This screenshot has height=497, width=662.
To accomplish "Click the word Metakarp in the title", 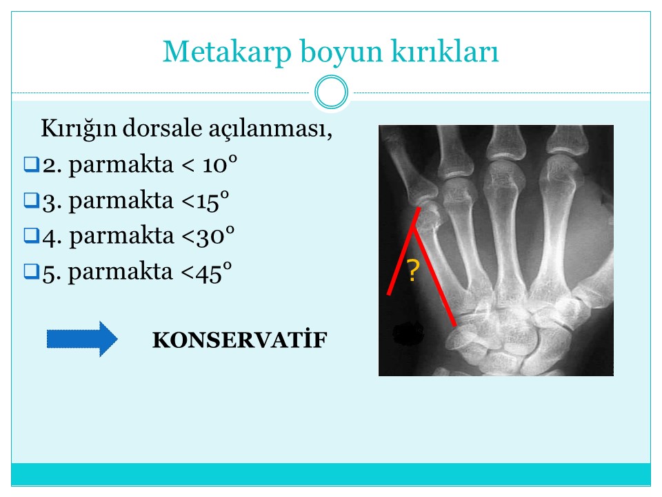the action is tap(227, 52).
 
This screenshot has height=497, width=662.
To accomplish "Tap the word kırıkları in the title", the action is tap(445, 51).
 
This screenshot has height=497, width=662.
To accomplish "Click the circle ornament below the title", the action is tap(332, 92).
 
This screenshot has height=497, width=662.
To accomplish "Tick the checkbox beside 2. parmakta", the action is tap(32, 164).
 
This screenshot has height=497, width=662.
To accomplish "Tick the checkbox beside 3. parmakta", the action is tap(32, 200).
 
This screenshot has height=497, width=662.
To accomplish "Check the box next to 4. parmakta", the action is tap(32, 235).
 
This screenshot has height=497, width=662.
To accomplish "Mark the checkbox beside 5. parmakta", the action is tap(32, 271).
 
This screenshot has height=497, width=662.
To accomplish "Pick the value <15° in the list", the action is tap(205, 200).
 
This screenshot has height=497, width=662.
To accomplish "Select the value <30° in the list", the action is tap(208, 235).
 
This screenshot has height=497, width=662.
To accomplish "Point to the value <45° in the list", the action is tap(206, 271).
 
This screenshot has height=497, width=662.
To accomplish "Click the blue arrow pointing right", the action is tap(82, 339).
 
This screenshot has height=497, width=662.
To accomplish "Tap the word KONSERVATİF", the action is tap(240, 340).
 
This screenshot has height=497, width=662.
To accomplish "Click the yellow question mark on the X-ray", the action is tap(413, 271).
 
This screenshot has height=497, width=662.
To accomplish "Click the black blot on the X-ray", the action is tap(408, 333).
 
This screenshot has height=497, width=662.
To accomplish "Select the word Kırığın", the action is tap(79, 129).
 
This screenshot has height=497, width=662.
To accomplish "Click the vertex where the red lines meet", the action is tap(413, 229).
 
